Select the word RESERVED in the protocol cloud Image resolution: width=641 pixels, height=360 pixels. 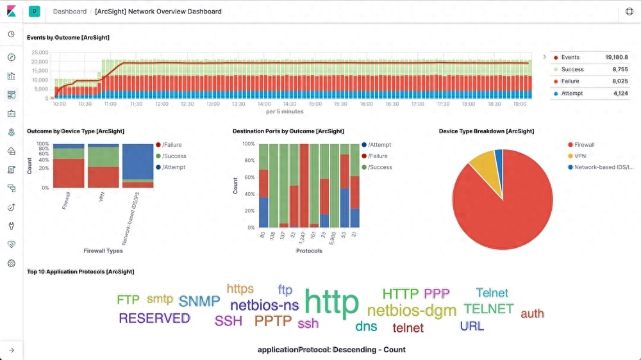coord(154,318)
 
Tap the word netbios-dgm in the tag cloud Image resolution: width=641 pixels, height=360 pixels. coord(412,311)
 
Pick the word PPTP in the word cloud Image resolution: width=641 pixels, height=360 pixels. coord(273,321)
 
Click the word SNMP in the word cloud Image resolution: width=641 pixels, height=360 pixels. coord(199,301)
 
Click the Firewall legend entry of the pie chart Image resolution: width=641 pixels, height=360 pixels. coord(584,145)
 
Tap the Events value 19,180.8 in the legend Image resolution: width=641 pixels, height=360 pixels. coord(617,57)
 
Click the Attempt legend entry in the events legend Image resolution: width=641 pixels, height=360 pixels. coord(572,94)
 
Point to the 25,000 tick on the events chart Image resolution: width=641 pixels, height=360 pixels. coord(40,53)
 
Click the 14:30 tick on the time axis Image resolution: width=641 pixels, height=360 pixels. coord(289,104)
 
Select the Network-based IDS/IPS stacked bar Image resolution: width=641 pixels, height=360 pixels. coord(138,165)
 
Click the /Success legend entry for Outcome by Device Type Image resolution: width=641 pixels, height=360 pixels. coord(174,156)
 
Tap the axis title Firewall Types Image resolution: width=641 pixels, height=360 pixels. coord(103,250)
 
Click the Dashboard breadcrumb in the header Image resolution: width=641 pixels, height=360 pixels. coord(70,12)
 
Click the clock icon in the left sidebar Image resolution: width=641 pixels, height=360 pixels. coord(11,35)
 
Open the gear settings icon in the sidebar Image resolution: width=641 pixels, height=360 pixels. coord(11,263)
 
